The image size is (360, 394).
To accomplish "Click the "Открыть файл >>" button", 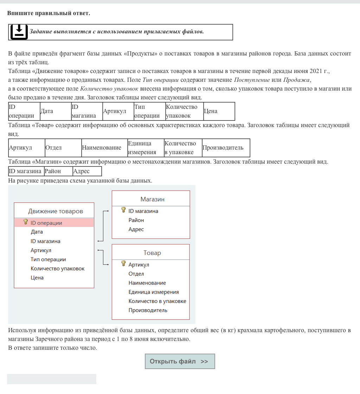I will pyautogui.click(x=180, y=361).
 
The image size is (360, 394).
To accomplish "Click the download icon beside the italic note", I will pyautogui.click(x=19, y=32).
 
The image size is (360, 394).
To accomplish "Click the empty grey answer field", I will pyautogui.click(x=52, y=379).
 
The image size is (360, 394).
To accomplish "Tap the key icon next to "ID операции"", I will pyautogui.click(x=25, y=222).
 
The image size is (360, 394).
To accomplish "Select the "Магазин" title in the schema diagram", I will pyautogui.click(x=152, y=199).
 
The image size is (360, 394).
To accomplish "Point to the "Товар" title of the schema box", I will pyautogui.click(x=152, y=253).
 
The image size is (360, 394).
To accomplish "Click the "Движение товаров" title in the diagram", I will pyautogui.click(x=56, y=211).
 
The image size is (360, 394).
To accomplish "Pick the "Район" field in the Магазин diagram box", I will pyautogui.click(x=136, y=220).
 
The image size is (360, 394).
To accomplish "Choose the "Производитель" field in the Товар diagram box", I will pyautogui.click(x=148, y=310).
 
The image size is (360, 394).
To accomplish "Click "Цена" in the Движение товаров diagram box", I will pyautogui.click(x=37, y=278).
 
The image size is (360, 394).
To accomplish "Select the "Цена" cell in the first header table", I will pyautogui.click(x=211, y=111).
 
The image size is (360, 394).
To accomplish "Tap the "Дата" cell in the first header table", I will pyautogui.click(x=47, y=111).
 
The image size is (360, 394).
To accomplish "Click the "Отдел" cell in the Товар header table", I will pyautogui.click(x=53, y=148).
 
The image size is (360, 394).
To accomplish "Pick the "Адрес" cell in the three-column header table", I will pyautogui.click(x=82, y=171).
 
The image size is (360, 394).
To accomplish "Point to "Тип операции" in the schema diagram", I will pyautogui.click(x=48, y=260).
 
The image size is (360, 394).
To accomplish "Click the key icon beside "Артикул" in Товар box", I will pyautogui.click(x=123, y=264).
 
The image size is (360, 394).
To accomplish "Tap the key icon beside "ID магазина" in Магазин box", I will pyautogui.click(x=123, y=210).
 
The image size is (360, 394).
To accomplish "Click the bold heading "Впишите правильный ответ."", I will pyautogui.click(x=49, y=13).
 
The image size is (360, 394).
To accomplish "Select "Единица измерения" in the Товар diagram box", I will pyautogui.click(x=154, y=292).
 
